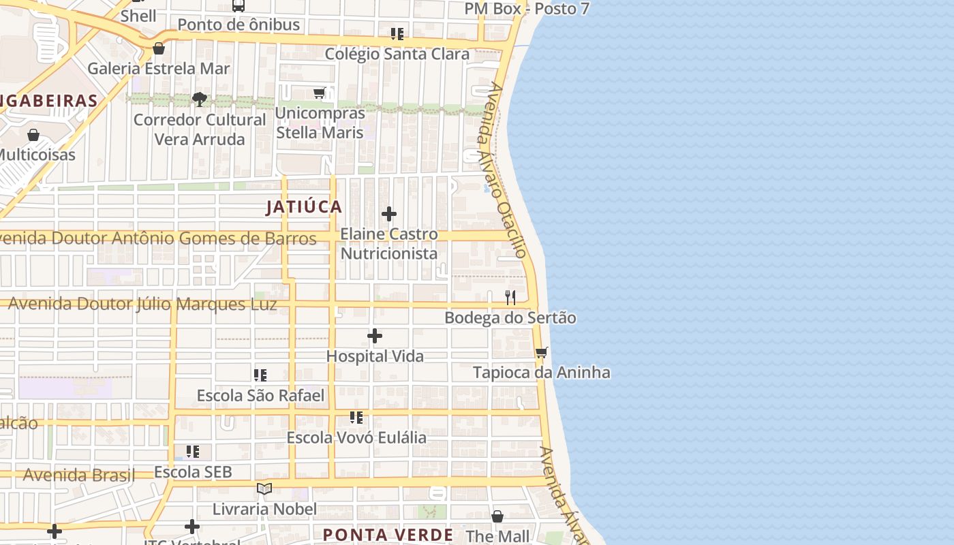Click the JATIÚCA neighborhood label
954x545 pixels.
point(304,206)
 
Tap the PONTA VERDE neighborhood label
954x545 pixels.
point(388,535)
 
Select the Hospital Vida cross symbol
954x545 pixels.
point(375,336)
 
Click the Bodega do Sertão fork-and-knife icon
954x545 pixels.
point(510,297)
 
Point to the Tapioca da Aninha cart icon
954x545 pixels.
point(542,352)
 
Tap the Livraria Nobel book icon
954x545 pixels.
point(264,488)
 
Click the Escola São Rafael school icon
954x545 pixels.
point(260,375)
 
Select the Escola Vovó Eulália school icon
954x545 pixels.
point(356,417)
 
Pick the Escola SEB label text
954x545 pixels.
point(193,471)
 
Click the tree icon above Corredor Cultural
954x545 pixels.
point(199,99)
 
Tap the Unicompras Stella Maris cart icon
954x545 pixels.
point(320,93)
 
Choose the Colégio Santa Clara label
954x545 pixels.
point(397,54)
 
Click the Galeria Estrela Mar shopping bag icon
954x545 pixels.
point(159,48)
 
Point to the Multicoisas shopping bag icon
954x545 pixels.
point(33,135)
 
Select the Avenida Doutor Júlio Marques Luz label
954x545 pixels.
point(142,304)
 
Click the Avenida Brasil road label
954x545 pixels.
point(79,475)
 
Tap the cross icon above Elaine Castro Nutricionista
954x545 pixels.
point(389,214)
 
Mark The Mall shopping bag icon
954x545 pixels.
point(497,516)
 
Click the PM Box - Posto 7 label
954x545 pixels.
point(527,9)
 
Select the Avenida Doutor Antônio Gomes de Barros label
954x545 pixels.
point(157,238)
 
